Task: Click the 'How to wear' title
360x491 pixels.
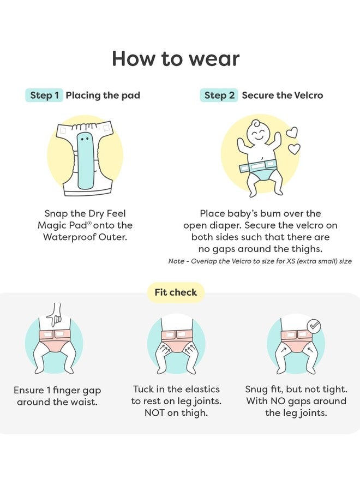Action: [176, 58]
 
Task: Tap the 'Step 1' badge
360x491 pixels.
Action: [44, 95]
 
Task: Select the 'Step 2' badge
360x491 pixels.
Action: [219, 95]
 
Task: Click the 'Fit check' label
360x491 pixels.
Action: [176, 292]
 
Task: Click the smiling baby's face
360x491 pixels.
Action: [259, 132]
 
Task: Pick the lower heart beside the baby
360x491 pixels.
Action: [294, 149]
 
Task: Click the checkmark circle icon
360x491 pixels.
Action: [314, 327]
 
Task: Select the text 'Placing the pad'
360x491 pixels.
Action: [103, 95]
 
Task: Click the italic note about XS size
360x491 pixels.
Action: [260, 261]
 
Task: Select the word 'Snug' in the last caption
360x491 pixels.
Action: [256, 390]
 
